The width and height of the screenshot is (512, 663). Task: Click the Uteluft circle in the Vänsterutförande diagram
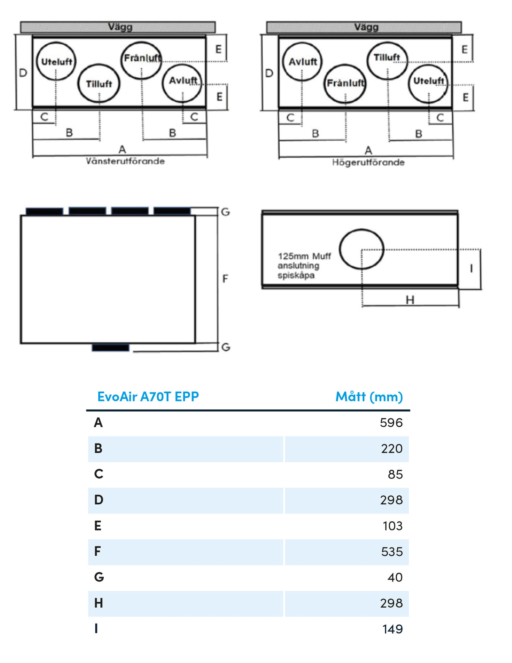[56, 61]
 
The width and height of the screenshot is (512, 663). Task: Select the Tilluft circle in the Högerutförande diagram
[387, 60]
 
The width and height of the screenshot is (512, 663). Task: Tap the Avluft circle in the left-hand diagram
[183, 83]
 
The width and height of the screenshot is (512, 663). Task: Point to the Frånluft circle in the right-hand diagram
[345, 83]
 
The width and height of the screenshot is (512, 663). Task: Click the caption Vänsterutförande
[125, 161]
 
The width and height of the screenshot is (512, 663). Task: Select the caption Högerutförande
[368, 162]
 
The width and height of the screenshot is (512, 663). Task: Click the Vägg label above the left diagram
[120, 27]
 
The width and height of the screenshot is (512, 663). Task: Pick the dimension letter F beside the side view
[225, 279]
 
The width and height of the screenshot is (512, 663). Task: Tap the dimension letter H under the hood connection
[410, 300]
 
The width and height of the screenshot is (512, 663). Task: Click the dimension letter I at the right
[471, 268]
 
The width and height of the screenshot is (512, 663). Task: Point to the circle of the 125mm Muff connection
[361, 249]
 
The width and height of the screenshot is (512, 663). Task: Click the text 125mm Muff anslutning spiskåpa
[304, 265]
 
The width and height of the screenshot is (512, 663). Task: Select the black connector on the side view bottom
[110, 348]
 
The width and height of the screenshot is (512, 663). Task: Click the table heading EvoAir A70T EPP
[148, 397]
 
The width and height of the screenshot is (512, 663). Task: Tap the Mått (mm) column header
[369, 397]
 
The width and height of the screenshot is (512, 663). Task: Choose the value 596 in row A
[391, 422]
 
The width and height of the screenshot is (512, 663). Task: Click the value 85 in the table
[395, 474]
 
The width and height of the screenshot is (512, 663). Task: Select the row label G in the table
[99, 577]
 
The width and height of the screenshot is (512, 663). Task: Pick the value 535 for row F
[392, 552]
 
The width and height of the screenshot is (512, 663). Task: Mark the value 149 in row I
[392, 629]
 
